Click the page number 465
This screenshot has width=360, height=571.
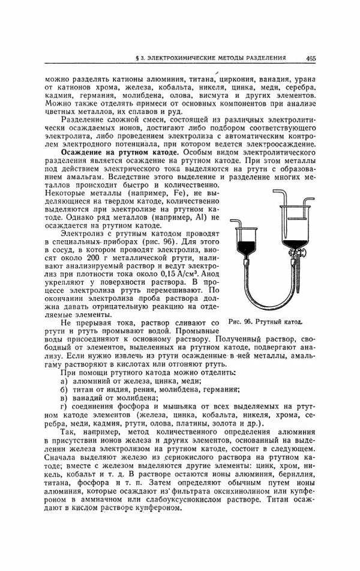click(x=311, y=58)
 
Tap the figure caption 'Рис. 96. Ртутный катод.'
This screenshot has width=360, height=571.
click(x=265, y=322)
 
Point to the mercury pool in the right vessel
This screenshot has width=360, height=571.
click(x=293, y=244)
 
